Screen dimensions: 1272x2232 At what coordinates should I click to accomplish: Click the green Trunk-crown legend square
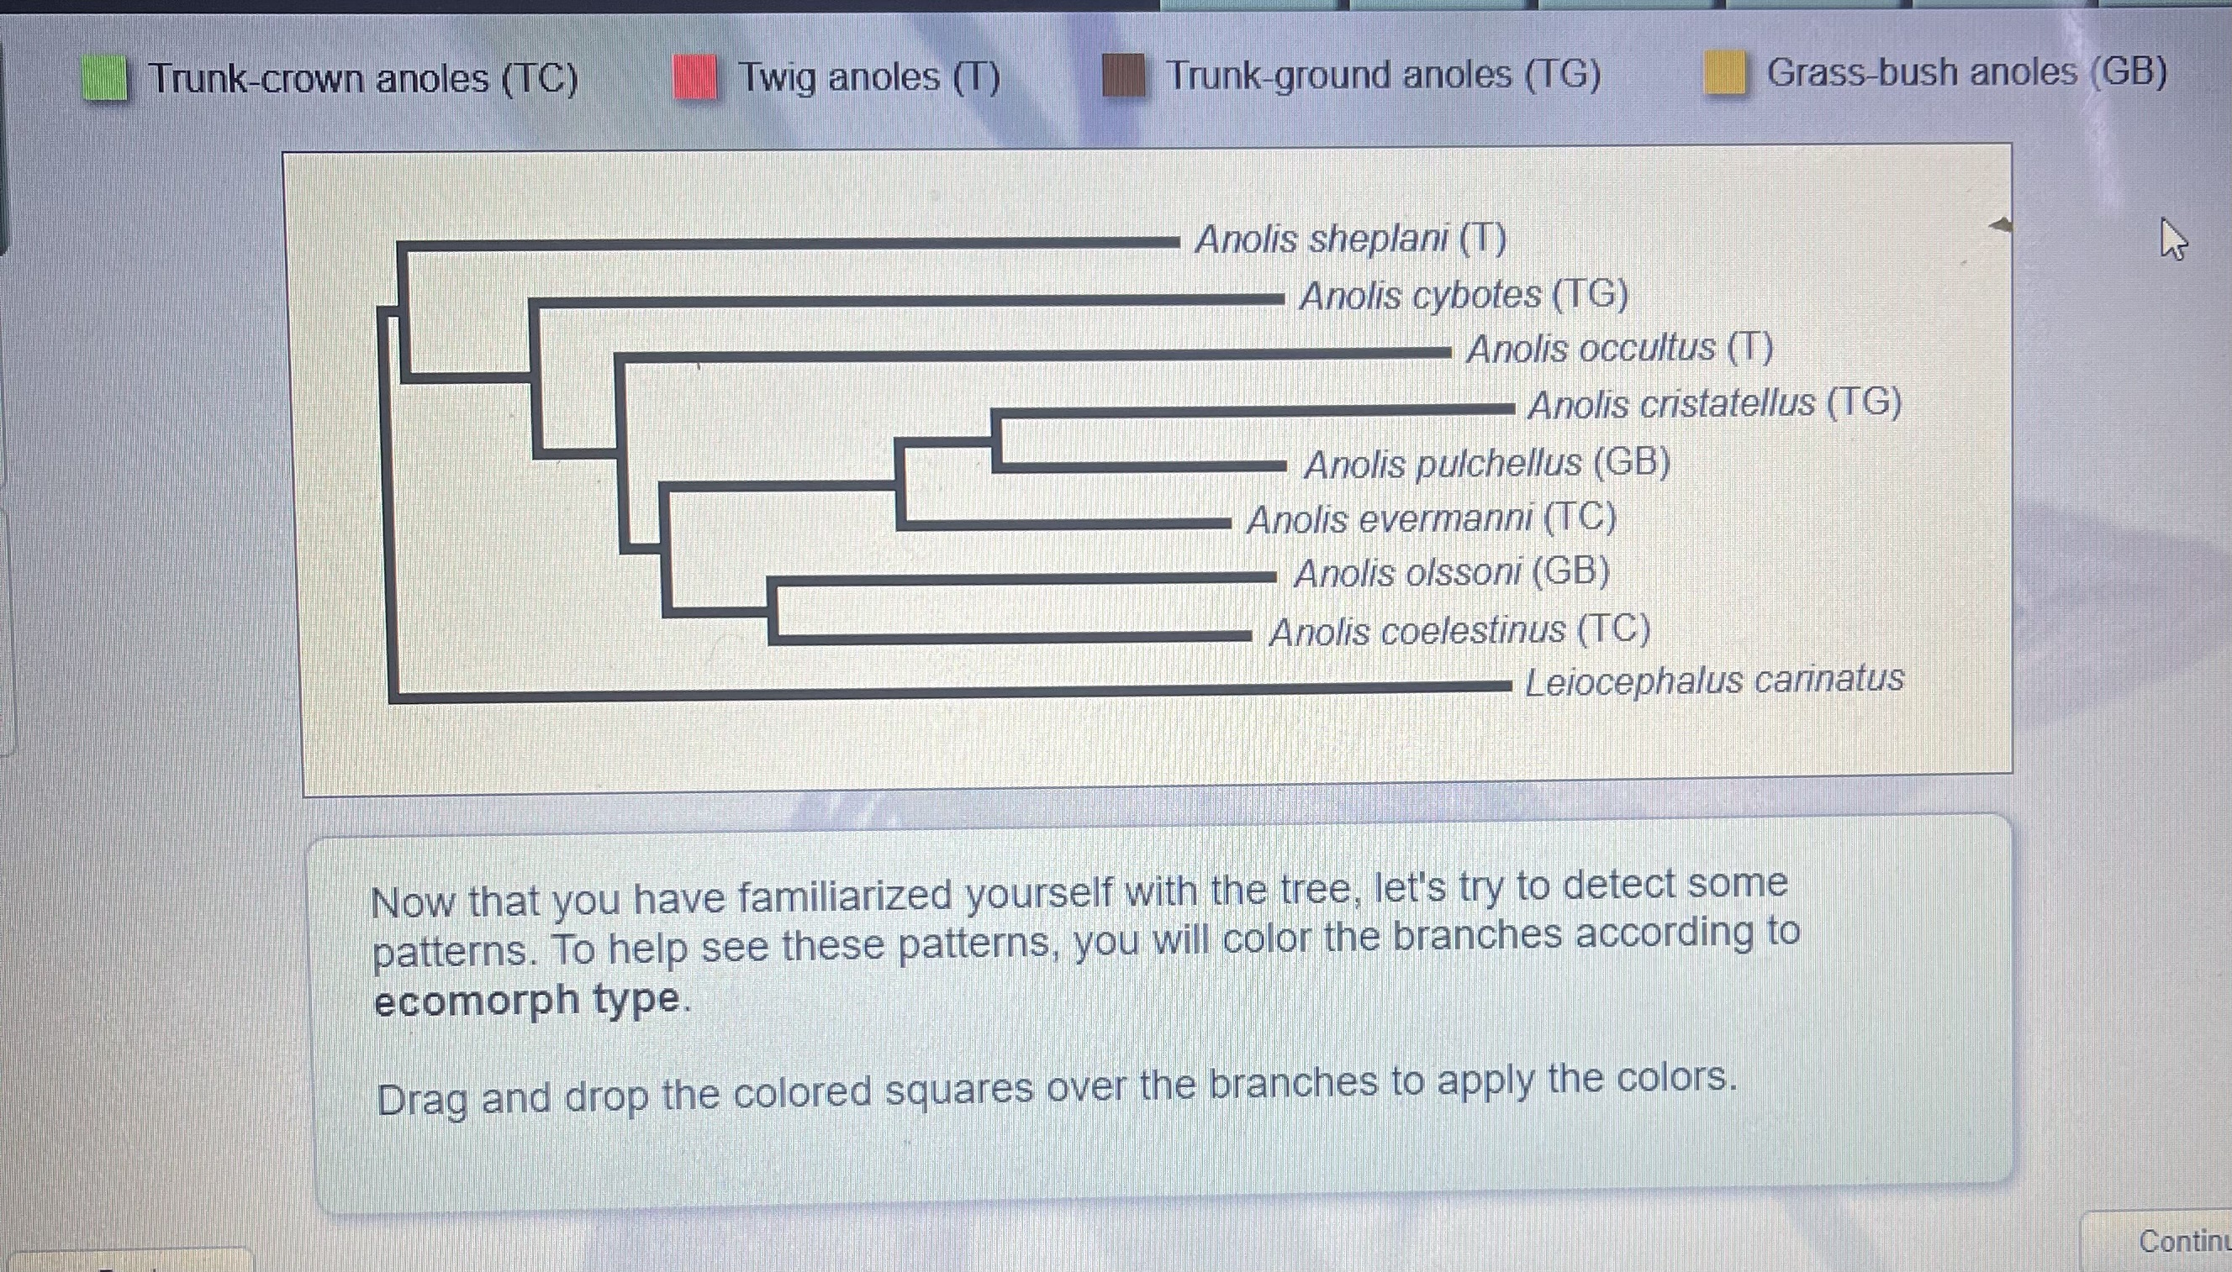(105, 79)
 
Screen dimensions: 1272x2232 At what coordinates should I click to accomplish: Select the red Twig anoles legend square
(695, 77)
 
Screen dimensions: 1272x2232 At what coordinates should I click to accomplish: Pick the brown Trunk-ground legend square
(1123, 75)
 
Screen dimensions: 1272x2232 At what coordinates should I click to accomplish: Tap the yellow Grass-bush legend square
(1725, 72)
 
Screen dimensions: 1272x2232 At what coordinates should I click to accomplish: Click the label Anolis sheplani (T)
(1350, 239)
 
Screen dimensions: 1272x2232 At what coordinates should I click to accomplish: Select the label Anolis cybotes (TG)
(1464, 295)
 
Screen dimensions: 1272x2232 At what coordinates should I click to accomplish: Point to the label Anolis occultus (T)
(1619, 349)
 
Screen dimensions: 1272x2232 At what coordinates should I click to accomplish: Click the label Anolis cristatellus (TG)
(1715, 403)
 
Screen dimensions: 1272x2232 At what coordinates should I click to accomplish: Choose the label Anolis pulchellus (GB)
(1486, 463)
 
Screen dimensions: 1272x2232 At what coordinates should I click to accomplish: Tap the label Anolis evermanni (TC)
(1432, 519)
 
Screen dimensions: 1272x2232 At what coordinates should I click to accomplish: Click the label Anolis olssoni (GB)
(1452, 573)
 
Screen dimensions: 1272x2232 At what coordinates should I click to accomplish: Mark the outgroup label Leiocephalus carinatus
(1714, 681)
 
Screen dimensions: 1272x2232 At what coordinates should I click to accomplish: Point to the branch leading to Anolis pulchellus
(1136, 465)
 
